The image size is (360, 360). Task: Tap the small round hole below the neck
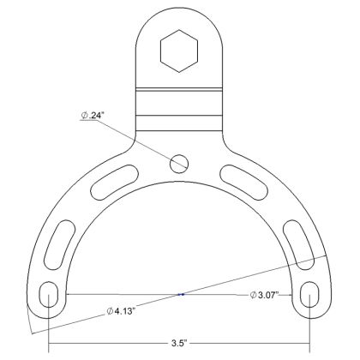click(179, 160)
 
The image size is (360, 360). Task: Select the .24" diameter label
click(93, 117)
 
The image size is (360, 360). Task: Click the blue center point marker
click(180, 295)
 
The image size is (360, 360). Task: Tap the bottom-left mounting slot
click(49, 296)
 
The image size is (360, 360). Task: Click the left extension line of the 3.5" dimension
click(49, 330)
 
